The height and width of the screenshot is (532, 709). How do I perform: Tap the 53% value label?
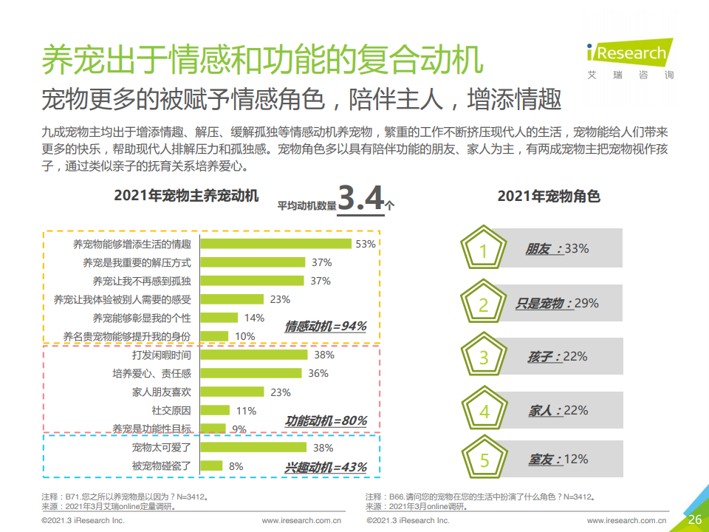point(366,244)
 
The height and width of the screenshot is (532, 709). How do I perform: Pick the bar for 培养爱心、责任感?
point(253,373)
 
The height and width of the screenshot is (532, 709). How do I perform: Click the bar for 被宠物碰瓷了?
point(212,465)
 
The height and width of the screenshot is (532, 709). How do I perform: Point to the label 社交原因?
point(171,411)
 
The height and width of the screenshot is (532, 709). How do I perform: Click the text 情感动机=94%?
point(326,326)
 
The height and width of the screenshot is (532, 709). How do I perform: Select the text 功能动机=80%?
point(326,421)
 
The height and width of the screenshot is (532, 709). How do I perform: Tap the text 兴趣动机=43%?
point(326,468)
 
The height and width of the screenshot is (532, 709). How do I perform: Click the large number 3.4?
point(361,199)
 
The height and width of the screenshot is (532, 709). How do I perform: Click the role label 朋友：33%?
point(557,249)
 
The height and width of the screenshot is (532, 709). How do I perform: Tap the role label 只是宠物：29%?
point(557,304)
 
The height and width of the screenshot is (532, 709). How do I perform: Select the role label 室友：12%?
point(558,460)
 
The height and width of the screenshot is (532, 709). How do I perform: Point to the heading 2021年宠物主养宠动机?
point(186,196)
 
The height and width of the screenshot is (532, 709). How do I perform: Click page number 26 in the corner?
point(694,519)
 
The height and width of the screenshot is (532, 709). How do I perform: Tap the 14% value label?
point(254,318)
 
